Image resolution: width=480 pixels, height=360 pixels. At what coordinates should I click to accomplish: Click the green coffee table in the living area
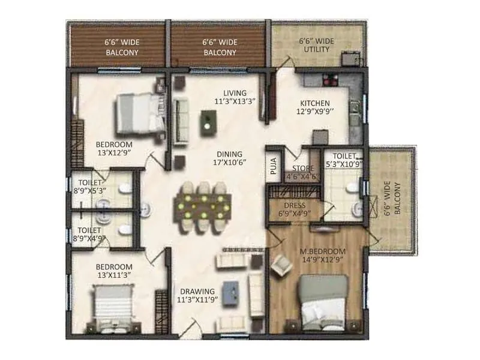pos(208,123)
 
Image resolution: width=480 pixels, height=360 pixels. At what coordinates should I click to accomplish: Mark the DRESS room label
pos(295,205)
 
